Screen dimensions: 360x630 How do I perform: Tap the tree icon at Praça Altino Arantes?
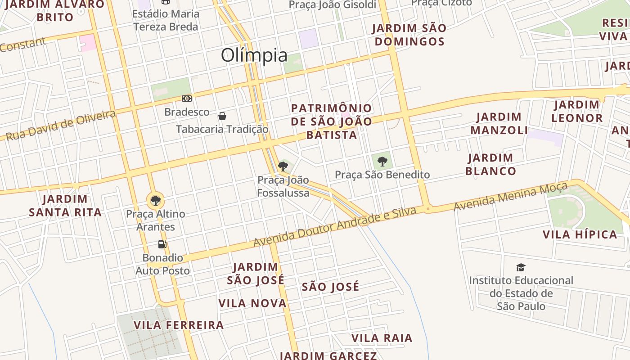pos(155,200)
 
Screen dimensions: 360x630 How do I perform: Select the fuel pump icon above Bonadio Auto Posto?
pos(162,244)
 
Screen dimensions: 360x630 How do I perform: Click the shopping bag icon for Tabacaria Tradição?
pos(222,116)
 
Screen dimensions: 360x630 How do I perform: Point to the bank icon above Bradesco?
pos(187,99)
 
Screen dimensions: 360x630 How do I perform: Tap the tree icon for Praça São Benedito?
pos(382,161)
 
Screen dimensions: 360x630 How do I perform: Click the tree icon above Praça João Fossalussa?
pos(283,166)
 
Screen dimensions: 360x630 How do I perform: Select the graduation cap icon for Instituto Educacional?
pos(521,268)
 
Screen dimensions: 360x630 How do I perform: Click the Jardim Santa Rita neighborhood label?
pos(65,206)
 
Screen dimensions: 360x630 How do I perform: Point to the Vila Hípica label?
pos(580,234)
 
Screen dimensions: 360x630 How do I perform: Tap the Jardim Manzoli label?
pos(499,124)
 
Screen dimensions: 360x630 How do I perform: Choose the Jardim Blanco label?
pos(490,165)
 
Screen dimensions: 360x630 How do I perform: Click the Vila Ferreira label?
pos(179,325)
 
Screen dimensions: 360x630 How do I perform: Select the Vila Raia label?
pos(382,338)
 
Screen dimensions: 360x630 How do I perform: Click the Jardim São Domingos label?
pos(409,35)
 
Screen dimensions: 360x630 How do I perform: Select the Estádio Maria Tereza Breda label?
pos(166,20)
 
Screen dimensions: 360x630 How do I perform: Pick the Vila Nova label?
pos(252,303)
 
